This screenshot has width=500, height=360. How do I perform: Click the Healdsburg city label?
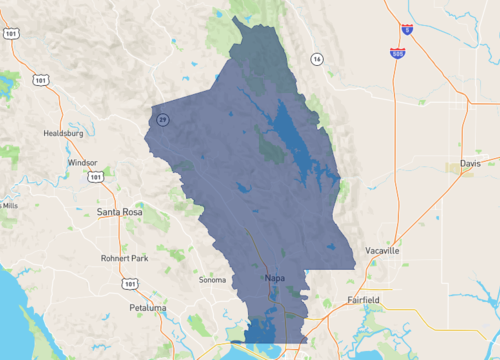tap(63, 132)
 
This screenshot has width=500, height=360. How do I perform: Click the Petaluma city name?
tap(147, 308)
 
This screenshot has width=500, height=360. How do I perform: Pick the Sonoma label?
tap(212, 280)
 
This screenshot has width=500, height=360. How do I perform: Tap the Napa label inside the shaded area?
tap(276, 277)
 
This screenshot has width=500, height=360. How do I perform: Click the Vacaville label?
tap(381, 251)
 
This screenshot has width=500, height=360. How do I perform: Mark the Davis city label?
tap(470, 162)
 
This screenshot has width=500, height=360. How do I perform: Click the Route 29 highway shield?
tap(162, 119)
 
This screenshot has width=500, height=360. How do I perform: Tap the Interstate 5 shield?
tap(406, 31)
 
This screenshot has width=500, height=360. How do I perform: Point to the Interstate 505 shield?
tap(397, 51)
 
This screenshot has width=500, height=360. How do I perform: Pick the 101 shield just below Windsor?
tap(95, 178)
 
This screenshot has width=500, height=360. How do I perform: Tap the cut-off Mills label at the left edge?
tap(9, 205)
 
